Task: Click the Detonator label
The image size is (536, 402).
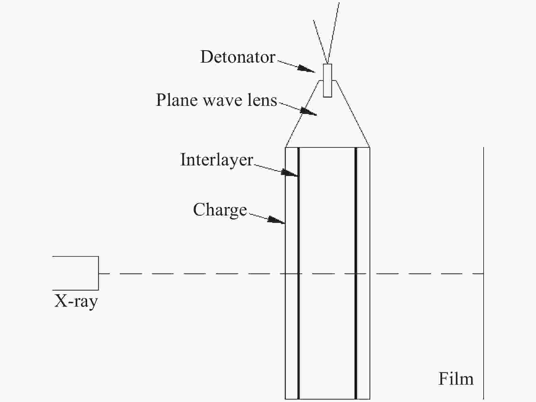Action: [238, 57]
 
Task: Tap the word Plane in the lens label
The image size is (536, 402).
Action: [177, 100]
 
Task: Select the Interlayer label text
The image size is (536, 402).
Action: [217, 160]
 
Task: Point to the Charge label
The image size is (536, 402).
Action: [220, 210]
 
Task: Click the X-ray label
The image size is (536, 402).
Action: [76, 301]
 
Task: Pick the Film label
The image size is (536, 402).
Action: [456, 379]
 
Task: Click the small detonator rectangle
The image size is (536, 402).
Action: [327, 80]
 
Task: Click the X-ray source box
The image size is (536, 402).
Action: [76, 273]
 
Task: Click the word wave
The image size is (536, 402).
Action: [223, 100]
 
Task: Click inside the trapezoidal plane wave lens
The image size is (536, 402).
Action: [327, 126]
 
